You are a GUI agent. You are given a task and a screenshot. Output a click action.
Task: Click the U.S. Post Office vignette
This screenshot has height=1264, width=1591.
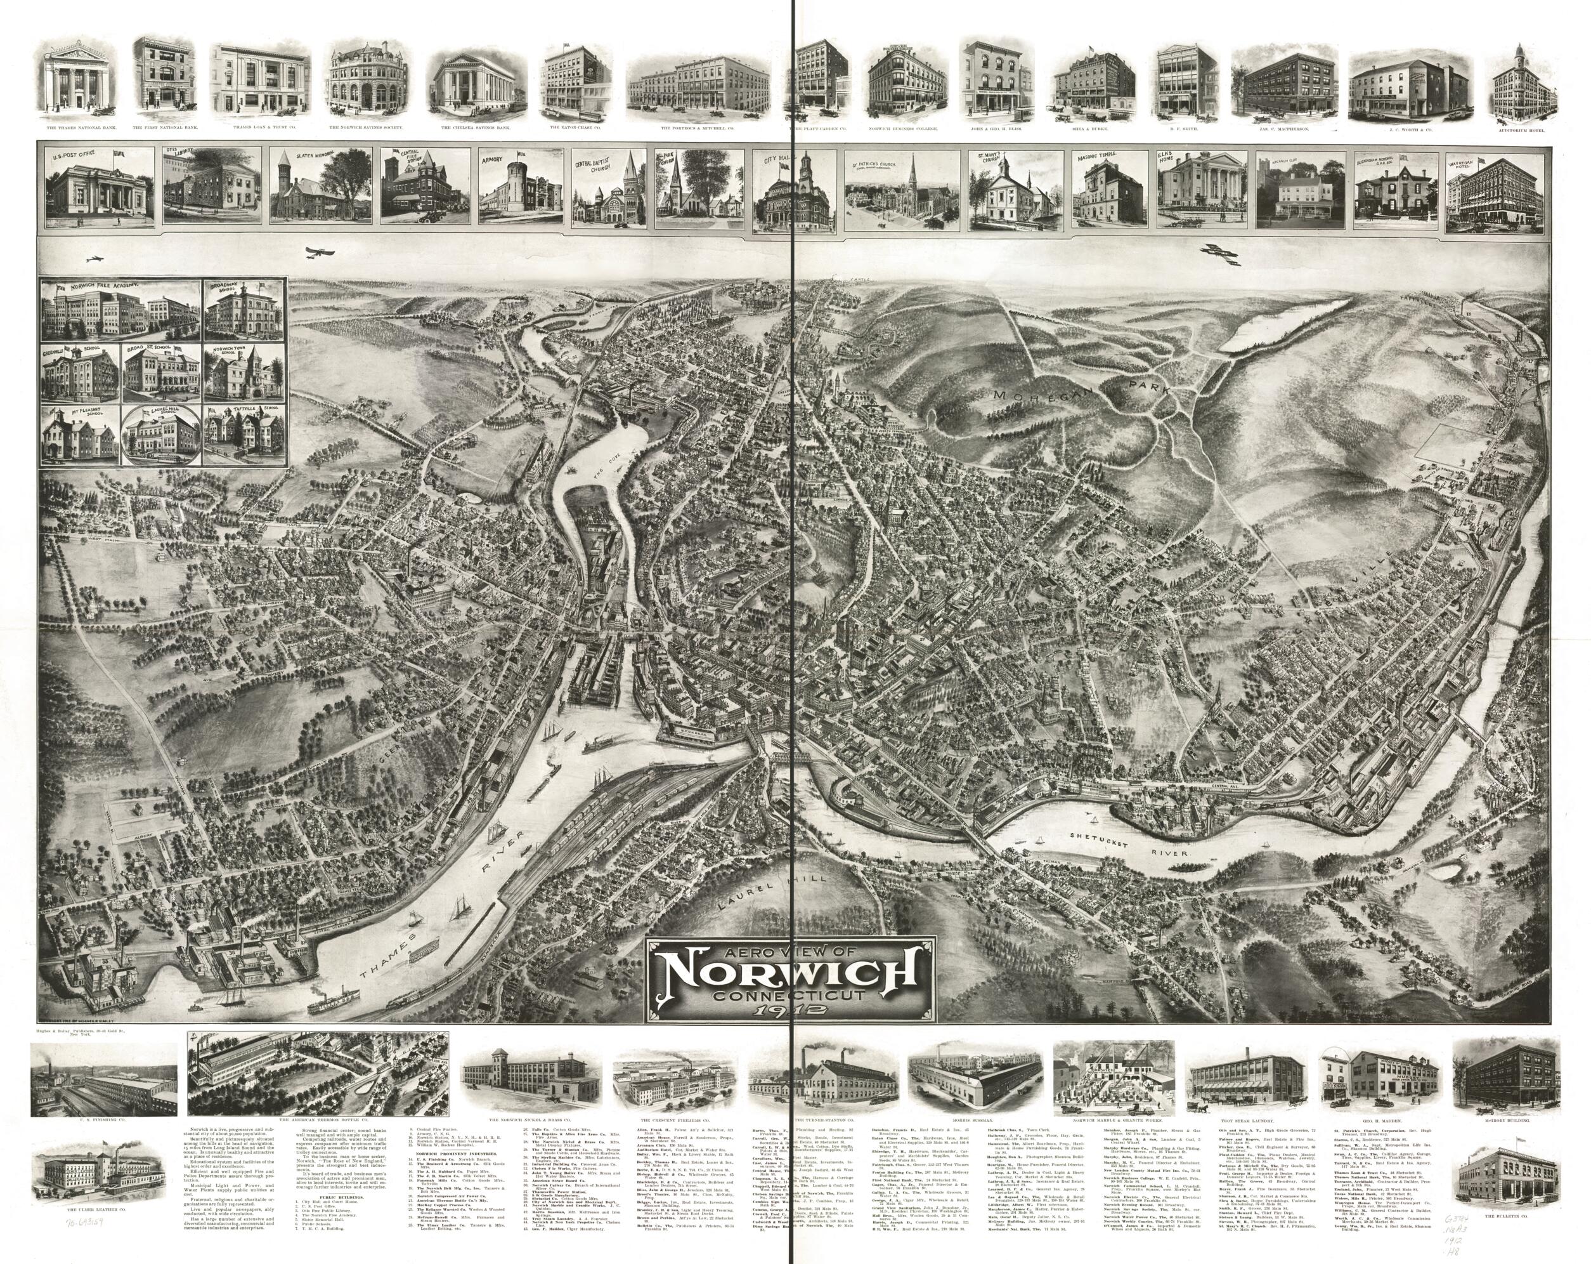(100, 184)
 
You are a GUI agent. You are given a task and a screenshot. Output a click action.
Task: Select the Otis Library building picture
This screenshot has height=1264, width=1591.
(212, 184)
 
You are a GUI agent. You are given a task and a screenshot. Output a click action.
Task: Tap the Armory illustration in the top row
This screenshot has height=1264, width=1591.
(519, 184)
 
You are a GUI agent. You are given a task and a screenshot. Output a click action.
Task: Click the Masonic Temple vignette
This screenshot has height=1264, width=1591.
(1103, 184)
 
